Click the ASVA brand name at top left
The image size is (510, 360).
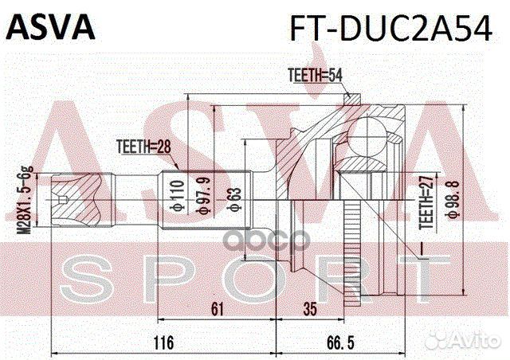[x=51, y=26]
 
